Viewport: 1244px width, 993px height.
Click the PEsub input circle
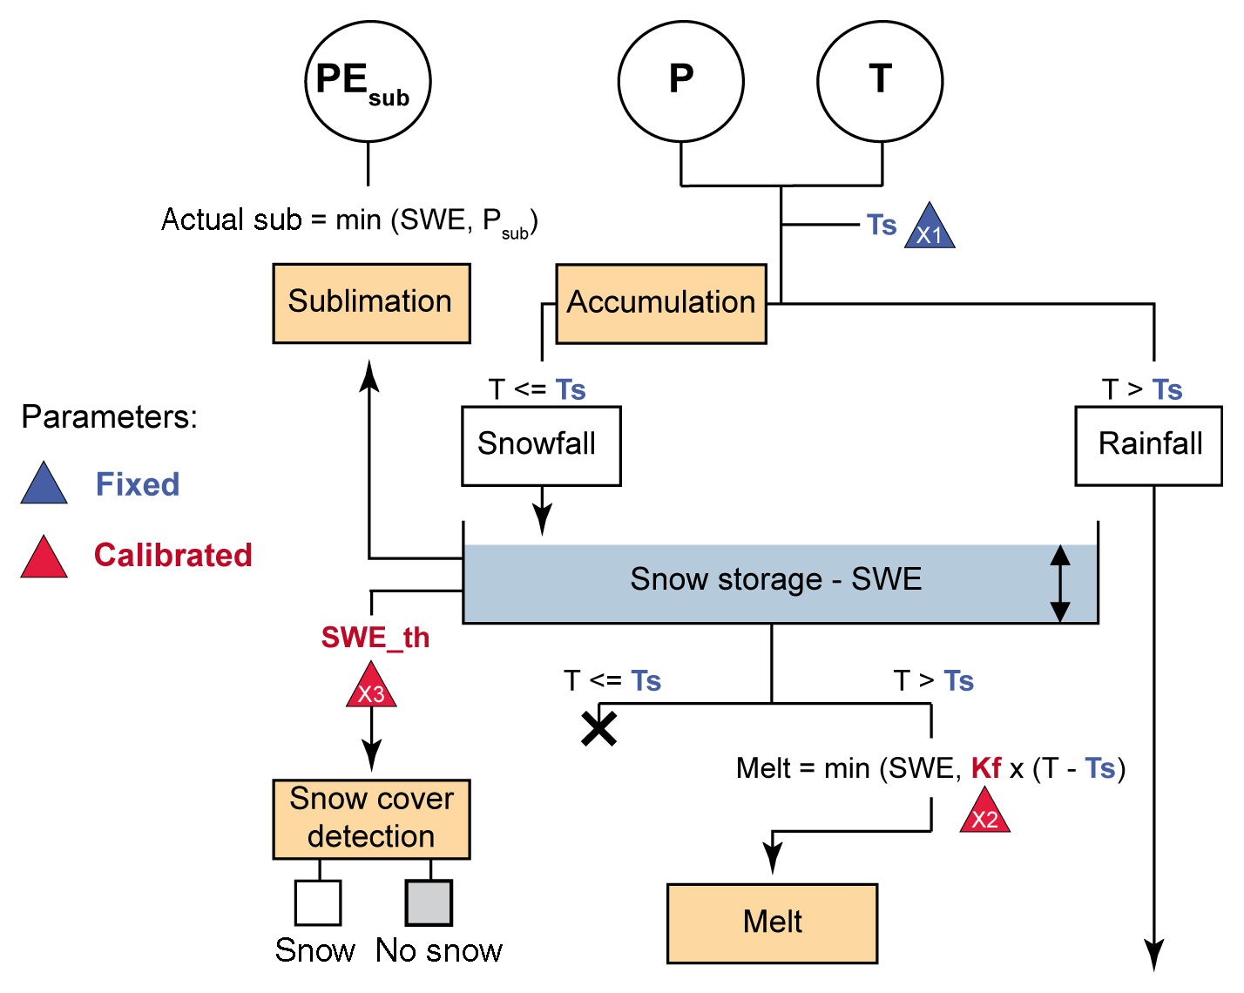pos(368,81)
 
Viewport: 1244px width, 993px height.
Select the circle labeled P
pos(681,81)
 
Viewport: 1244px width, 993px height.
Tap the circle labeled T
pos(880,81)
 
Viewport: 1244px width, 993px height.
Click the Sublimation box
pos(371,303)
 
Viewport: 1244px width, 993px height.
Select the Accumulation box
pos(661,303)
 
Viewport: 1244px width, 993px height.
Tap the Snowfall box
pos(541,445)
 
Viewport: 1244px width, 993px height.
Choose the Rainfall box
pos(1148,445)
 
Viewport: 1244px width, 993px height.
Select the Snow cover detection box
pos(371,819)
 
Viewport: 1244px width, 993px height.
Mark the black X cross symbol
pos(599,728)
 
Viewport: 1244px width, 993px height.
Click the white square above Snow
pos(318,902)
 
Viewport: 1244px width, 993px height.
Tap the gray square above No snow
pos(429,902)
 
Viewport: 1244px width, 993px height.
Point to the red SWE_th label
pos(375,638)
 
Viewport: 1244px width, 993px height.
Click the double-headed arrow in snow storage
pos(1059,583)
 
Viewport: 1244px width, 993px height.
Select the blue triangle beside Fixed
pos(44,485)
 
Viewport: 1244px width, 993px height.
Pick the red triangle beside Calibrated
pos(44,558)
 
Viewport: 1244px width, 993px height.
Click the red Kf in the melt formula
pos(986,768)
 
